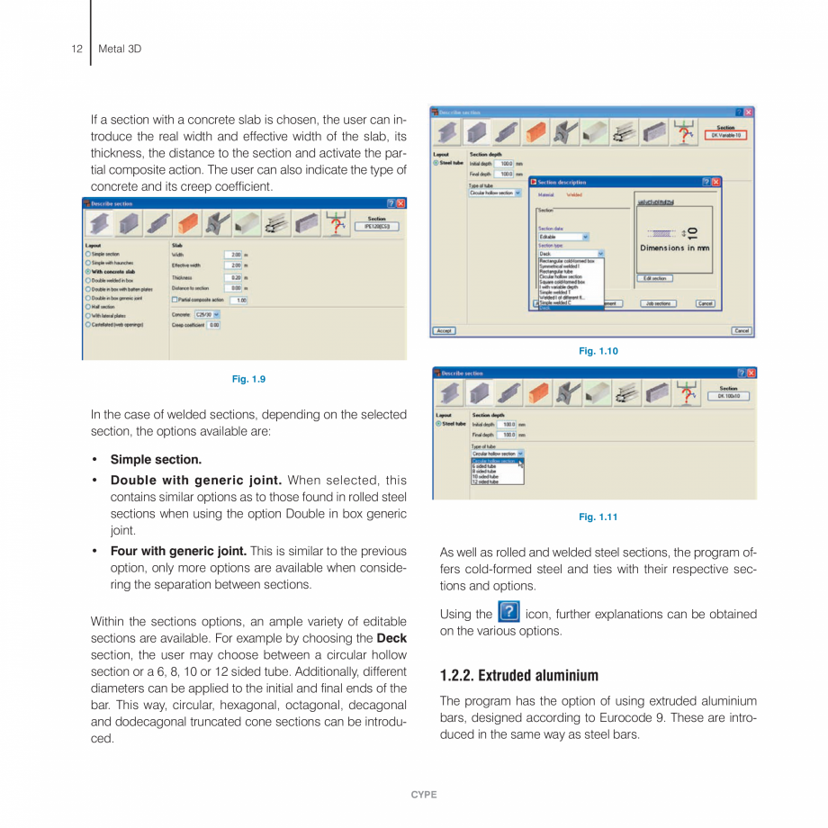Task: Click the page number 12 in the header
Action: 76,49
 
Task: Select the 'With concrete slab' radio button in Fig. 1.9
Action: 88,271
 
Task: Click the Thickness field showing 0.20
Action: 233,278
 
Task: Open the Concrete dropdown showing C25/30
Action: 208,314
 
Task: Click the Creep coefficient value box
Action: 213,325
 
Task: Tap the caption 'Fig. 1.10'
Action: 598,351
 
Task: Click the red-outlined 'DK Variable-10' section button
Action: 725,135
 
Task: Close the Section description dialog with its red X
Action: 716,182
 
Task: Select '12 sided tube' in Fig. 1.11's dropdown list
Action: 485,482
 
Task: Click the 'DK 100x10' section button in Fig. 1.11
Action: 728,395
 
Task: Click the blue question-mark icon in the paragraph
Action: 508,613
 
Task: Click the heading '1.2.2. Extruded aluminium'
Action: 518,675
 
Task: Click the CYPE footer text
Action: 423,795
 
